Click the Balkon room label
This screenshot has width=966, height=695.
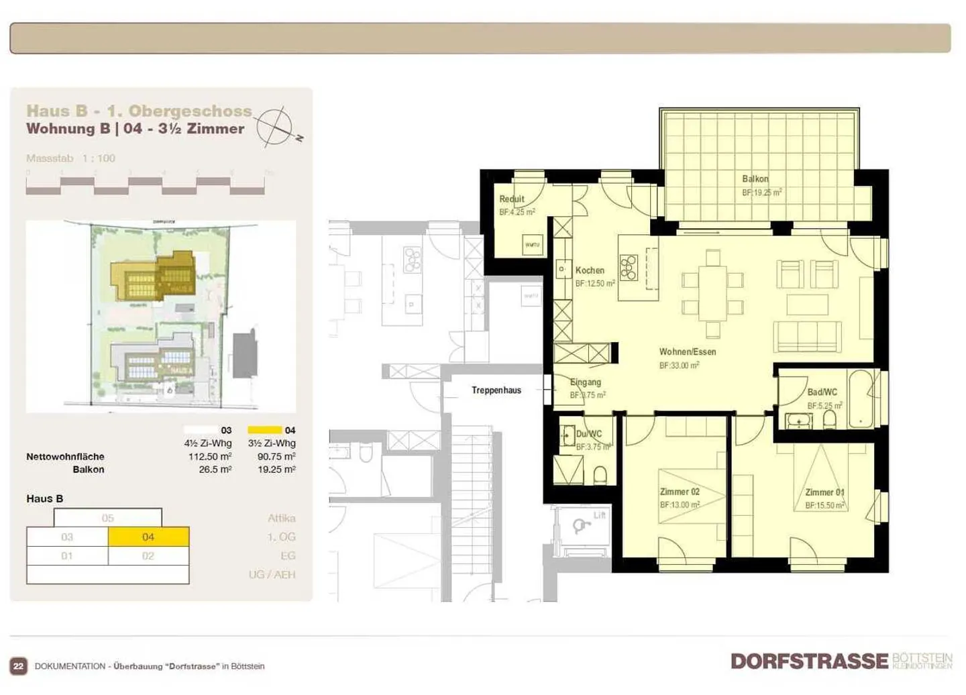(755, 179)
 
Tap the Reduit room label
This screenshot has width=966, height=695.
(511, 199)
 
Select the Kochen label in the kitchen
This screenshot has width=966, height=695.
(590, 270)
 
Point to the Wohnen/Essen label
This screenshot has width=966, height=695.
(687, 352)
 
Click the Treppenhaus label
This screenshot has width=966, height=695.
(496, 390)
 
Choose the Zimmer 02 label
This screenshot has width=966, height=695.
(680, 492)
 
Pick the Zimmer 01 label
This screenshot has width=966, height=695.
(824, 492)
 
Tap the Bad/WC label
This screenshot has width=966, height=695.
(822, 392)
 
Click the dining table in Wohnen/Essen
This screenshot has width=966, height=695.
(712, 293)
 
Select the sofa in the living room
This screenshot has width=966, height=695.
(807, 336)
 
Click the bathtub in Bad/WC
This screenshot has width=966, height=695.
(860, 399)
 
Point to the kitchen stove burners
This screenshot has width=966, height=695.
(628, 267)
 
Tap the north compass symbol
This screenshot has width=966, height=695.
(276, 125)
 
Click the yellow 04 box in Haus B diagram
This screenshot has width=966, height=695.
(148, 537)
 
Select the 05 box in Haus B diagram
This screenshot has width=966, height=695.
(107, 518)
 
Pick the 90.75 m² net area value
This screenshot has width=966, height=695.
(276, 457)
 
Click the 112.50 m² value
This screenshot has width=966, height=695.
(210, 457)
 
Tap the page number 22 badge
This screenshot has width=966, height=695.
(19, 666)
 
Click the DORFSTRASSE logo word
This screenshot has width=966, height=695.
(809, 661)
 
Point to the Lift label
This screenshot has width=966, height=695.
(599, 515)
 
